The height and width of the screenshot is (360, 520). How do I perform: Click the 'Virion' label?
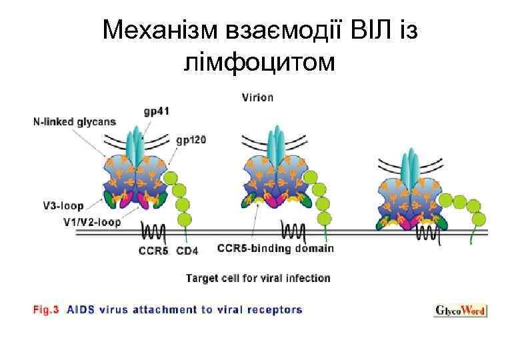click(257, 97)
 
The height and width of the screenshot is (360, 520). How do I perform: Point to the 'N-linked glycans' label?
click(74, 122)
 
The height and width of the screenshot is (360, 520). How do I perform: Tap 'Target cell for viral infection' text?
click(258, 277)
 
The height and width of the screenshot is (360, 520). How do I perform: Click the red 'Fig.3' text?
click(45, 309)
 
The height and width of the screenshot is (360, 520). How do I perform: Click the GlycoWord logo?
click(461, 310)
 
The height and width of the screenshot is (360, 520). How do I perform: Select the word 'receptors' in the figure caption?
click(275, 309)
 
